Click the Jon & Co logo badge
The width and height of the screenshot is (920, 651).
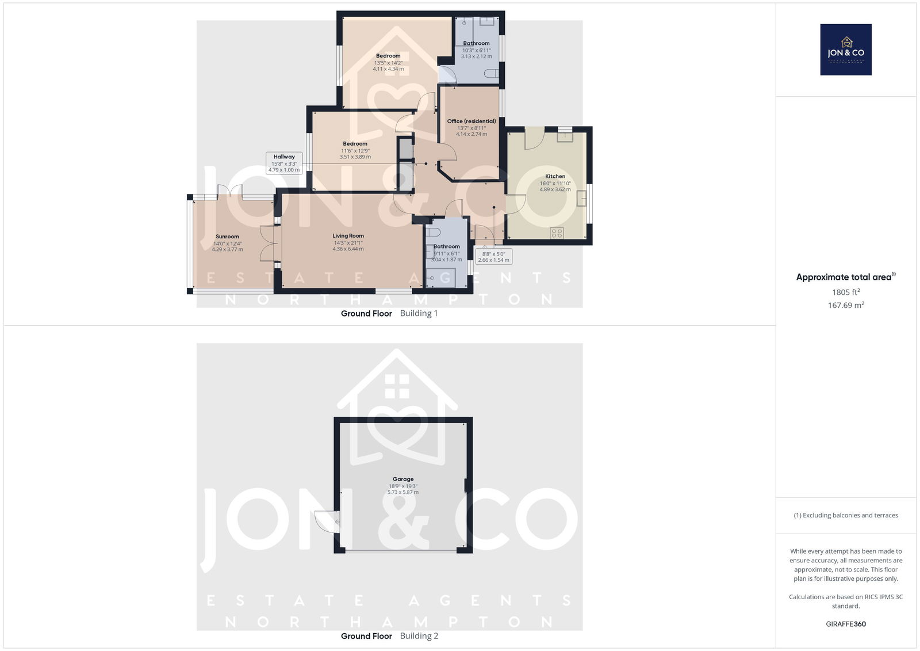[846, 50]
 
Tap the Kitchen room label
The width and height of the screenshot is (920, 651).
[555, 176]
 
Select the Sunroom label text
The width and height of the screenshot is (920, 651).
[227, 237]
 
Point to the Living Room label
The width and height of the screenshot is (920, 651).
[348, 235]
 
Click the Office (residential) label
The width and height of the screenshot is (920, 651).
[471, 121]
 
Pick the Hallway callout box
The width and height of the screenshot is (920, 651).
[284, 163]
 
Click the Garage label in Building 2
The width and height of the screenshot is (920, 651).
[403, 479]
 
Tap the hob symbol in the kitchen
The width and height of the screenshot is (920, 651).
[557, 234]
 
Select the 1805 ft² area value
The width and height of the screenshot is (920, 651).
[846, 292]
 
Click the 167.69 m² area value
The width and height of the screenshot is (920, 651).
[846, 305]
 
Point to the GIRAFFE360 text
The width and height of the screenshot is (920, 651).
[846, 624]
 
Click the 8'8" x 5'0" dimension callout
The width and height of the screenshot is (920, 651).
[493, 257]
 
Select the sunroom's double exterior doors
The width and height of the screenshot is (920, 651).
[230, 192]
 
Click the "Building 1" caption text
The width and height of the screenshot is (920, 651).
[419, 313]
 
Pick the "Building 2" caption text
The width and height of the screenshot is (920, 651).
[419, 636]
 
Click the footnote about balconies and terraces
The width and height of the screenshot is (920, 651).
[846, 515]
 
